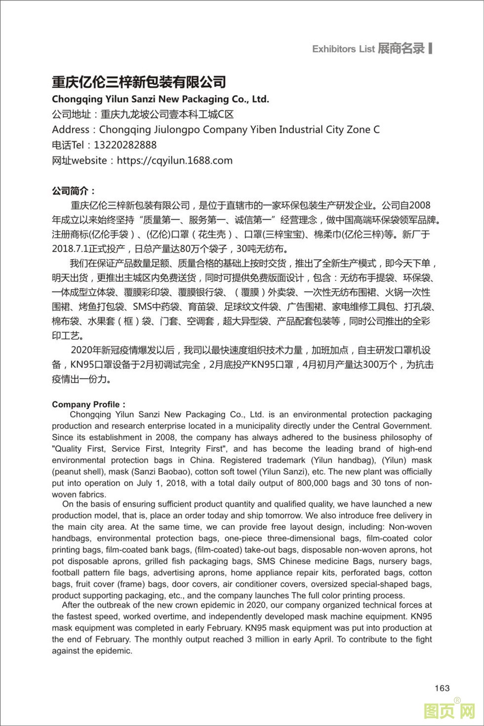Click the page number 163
[x=442, y=688]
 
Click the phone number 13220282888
[x=125, y=145]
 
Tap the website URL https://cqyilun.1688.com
[x=175, y=160]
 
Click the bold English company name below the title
[x=161, y=99]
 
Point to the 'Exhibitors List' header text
[x=343, y=49]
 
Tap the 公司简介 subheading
[x=74, y=191]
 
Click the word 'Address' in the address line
[x=71, y=130]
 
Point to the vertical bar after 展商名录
[x=431, y=48]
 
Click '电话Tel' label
[x=68, y=145]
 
